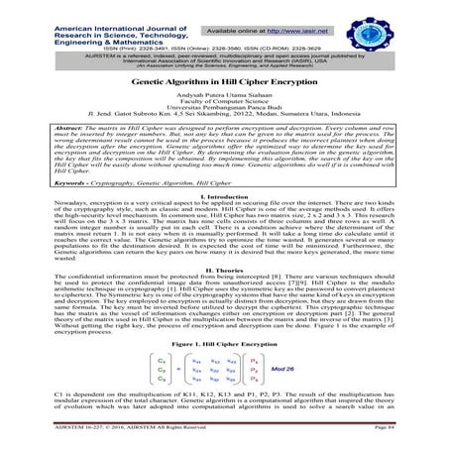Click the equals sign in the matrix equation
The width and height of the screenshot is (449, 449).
(x=179, y=368)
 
